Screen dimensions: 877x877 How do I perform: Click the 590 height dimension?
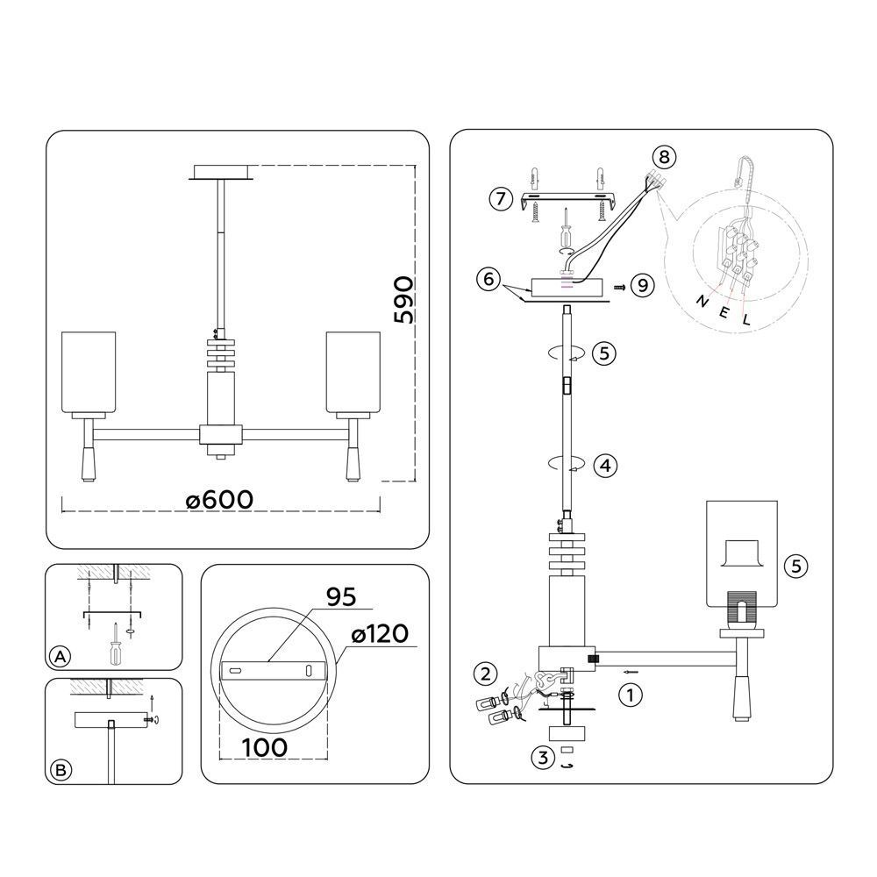pyautogui.click(x=403, y=300)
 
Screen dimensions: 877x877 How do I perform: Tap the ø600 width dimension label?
pyautogui.click(x=220, y=500)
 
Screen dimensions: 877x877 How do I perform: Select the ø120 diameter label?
pyautogui.click(x=380, y=634)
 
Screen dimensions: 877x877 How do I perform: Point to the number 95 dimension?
pyautogui.click(x=341, y=597)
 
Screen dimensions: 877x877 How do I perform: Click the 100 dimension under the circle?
pyautogui.click(x=265, y=747)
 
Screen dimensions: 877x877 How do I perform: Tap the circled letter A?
pyautogui.click(x=60, y=657)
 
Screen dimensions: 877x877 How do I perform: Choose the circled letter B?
pyautogui.click(x=61, y=770)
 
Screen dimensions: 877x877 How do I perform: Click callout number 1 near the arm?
pyautogui.click(x=631, y=695)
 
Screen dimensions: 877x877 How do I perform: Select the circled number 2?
pyautogui.click(x=485, y=674)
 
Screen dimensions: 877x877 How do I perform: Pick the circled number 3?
pyautogui.click(x=543, y=759)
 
